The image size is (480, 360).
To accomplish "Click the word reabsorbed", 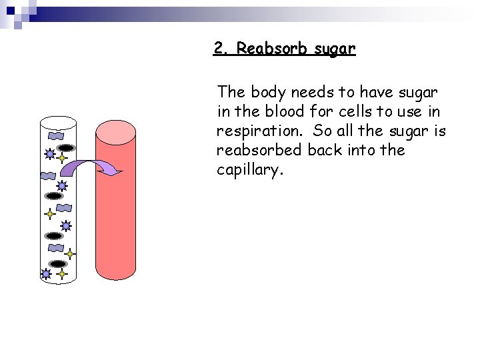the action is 259,150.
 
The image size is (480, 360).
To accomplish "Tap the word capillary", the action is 250,170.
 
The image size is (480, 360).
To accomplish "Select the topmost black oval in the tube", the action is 67,147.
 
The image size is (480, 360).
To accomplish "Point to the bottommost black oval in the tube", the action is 59,264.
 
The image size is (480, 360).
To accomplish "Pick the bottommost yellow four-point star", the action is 62,273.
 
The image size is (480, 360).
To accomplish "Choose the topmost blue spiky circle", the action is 49,154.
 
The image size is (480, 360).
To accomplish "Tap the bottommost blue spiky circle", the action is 45,273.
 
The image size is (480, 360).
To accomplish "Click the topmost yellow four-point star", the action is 62,159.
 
